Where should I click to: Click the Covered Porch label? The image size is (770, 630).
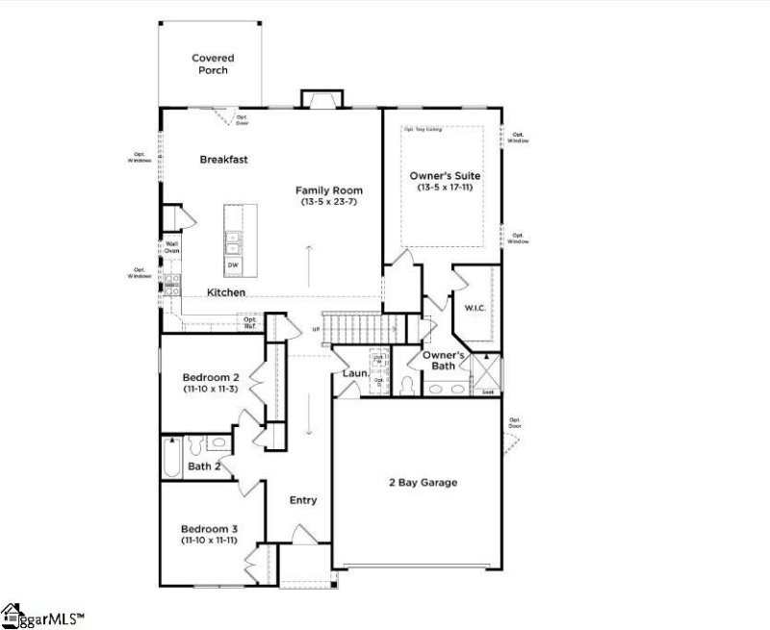(212, 64)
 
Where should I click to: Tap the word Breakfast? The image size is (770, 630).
(224, 160)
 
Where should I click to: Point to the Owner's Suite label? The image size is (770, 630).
(445, 176)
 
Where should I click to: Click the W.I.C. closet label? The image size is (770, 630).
(475, 309)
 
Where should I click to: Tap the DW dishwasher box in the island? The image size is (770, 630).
(233, 265)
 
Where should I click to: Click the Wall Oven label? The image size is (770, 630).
(172, 247)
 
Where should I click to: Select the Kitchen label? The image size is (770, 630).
(226, 292)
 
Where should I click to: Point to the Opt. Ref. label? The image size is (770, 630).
(249, 322)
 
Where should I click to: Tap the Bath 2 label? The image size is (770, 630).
(204, 467)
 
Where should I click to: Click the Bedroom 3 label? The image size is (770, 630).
(209, 529)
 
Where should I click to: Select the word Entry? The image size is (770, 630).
(303, 500)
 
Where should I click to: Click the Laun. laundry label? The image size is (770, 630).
(353, 372)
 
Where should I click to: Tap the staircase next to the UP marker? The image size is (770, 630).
(352, 330)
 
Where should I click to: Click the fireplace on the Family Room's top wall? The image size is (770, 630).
(322, 99)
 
